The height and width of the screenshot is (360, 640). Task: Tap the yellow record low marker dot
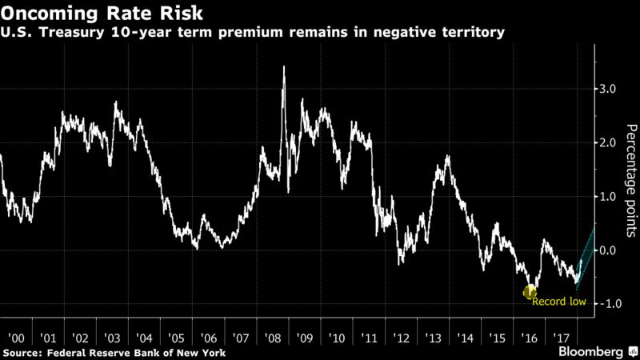coord(529,293)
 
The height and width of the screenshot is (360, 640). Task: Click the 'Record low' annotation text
coord(559,302)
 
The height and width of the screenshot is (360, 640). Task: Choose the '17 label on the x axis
coord(561,337)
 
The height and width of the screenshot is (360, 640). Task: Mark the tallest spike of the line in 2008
coord(285,68)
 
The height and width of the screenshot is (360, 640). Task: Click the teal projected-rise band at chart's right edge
coord(586,251)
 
